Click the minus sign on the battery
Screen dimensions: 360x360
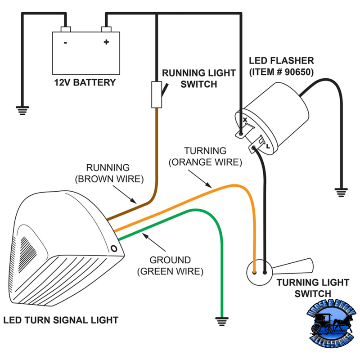click(66, 43)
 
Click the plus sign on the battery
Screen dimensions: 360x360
click(107, 43)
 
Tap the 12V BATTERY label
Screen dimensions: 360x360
click(85, 83)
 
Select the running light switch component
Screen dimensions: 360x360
click(157, 94)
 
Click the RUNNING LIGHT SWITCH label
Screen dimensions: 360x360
click(198, 78)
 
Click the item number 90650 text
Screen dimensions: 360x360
click(281, 72)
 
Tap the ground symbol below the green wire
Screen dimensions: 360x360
click(221, 321)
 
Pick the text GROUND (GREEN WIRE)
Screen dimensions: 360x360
click(171, 265)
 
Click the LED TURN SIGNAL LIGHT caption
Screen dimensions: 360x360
click(61, 320)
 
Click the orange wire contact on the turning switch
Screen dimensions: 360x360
click(255, 272)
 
